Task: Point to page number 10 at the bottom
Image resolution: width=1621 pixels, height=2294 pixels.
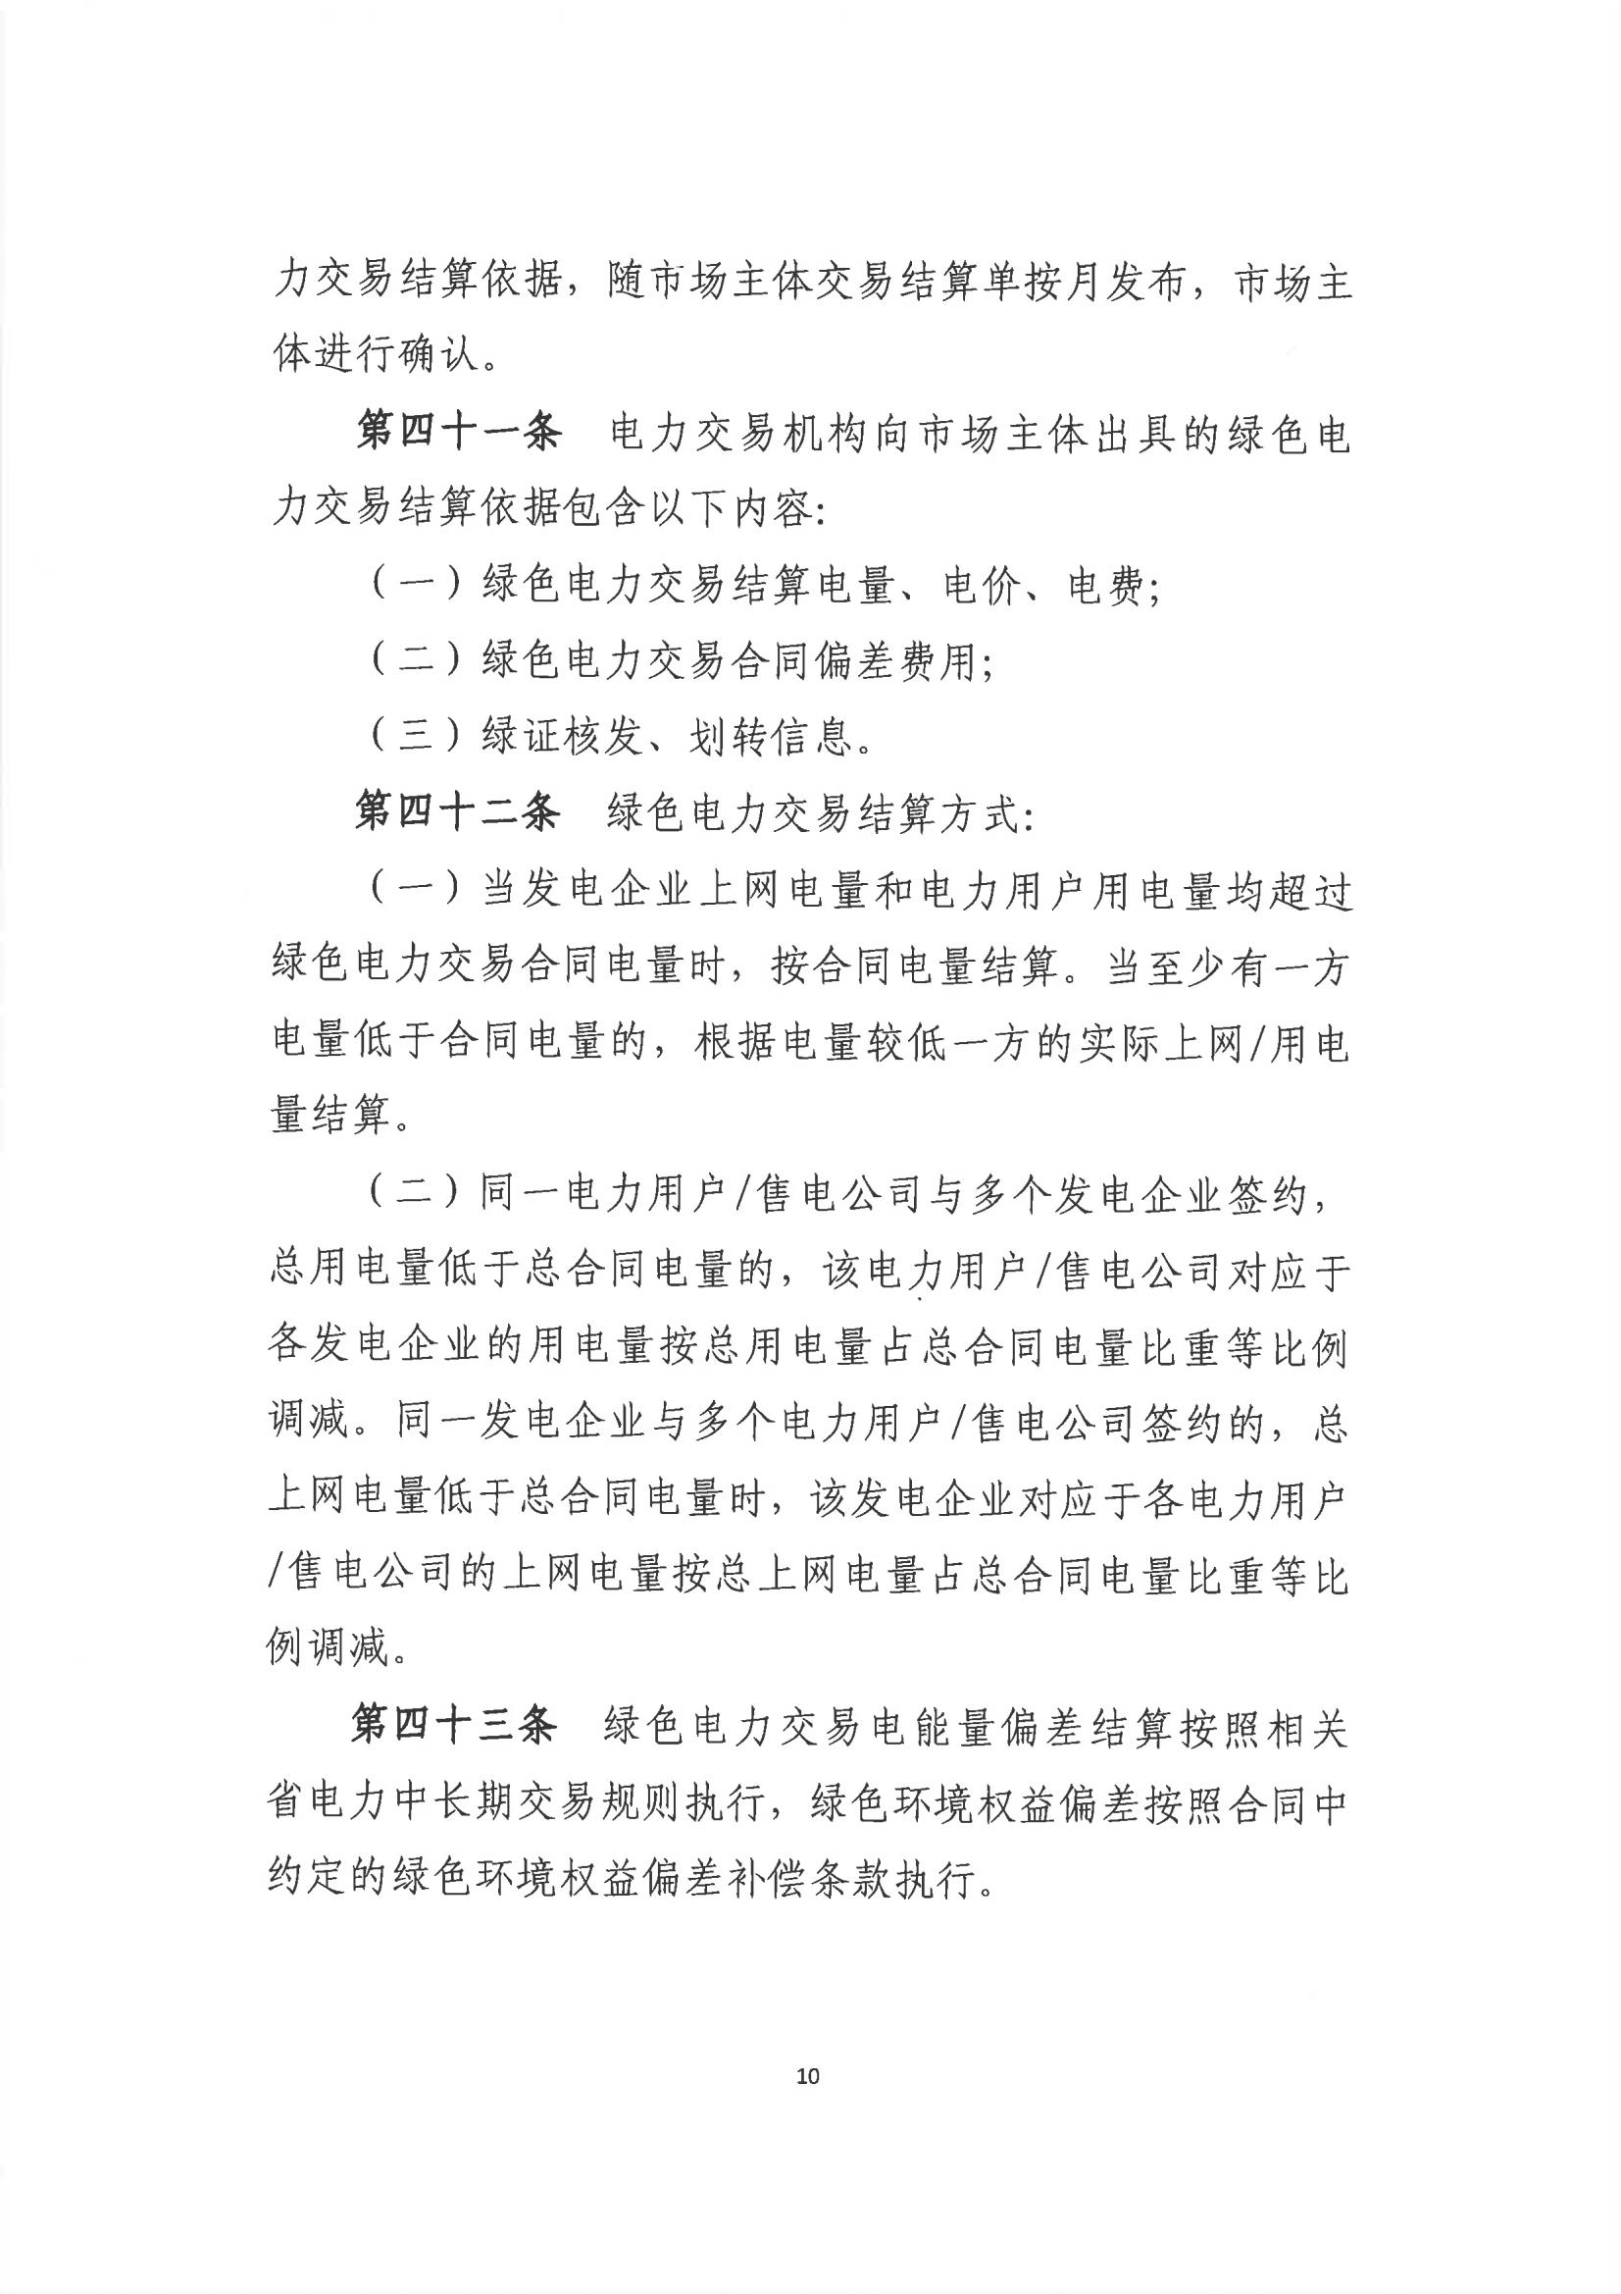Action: [808, 2076]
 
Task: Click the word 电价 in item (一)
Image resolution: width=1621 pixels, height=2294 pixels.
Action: [983, 587]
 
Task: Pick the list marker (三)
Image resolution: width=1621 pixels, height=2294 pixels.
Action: [417, 738]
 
